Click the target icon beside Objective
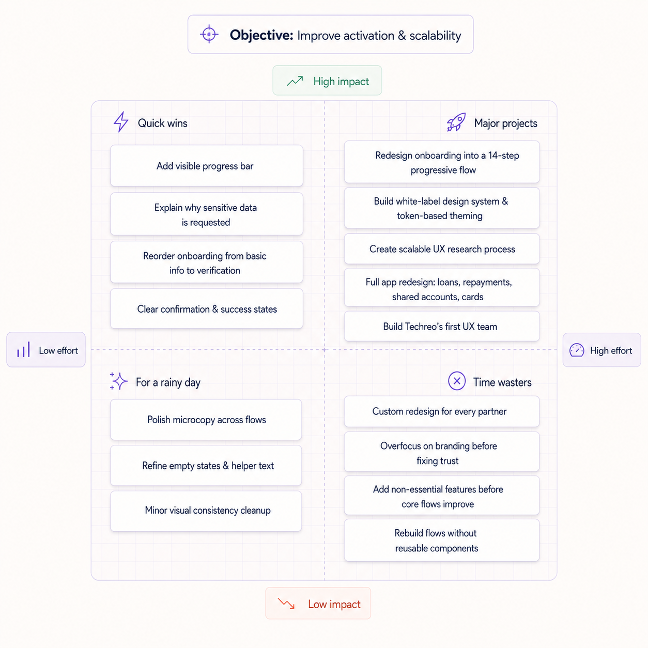(x=209, y=34)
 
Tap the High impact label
(x=327, y=81)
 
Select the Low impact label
(x=318, y=603)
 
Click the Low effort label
(x=46, y=350)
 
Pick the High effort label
(x=602, y=350)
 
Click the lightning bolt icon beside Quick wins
(x=121, y=122)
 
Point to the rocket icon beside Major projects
(x=456, y=122)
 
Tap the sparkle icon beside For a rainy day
(x=118, y=381)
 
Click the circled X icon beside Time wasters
(x=457, y=381)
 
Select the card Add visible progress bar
(x=207, y=166)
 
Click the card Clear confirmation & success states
(x=207, y=308)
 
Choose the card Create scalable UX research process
(x=442, y=249)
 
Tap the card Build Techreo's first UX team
(x=442, y=326)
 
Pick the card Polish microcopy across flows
(x=206, y=420)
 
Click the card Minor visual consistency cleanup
(x=206, y=511)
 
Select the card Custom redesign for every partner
(x=442, y=411)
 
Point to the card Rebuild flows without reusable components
(x=442, y=541)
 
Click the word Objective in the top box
(x=261, y=36)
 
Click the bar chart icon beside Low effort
(x=24, y=349)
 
